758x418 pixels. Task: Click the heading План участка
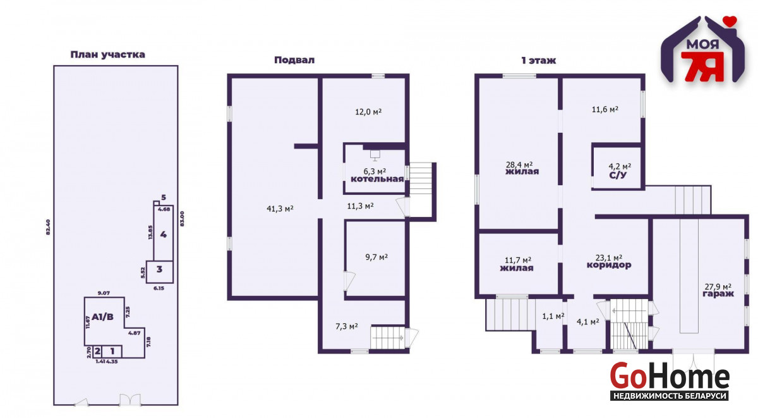[x=107, y=54]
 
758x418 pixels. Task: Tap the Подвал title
[x=294, y=60]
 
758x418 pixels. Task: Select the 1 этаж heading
[x=538, y=61]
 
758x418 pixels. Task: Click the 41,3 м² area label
[x=280, y=208]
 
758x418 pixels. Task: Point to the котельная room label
[x=377, y=179]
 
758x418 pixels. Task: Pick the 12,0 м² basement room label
[x=368, y=111]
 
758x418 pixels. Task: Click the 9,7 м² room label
[x=376, y=257]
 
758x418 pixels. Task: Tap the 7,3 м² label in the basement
[x=347, y=326]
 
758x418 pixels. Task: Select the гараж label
[x=718, y=293]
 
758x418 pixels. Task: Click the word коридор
[x=609, y=265]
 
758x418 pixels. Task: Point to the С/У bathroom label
[x=618, y=175]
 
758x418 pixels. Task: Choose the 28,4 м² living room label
[x=519, y=164]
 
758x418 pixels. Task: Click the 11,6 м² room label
[x=605, y=109]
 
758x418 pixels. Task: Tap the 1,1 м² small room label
[x=553, y=316]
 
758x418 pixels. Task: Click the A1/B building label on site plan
[x=102, y=317]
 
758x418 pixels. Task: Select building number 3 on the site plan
[x=159, y=269]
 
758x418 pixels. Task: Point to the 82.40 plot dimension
[x=48, y=227]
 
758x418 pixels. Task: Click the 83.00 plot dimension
[x=182, y=219]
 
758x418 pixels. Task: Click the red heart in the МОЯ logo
[x=731, y=21]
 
